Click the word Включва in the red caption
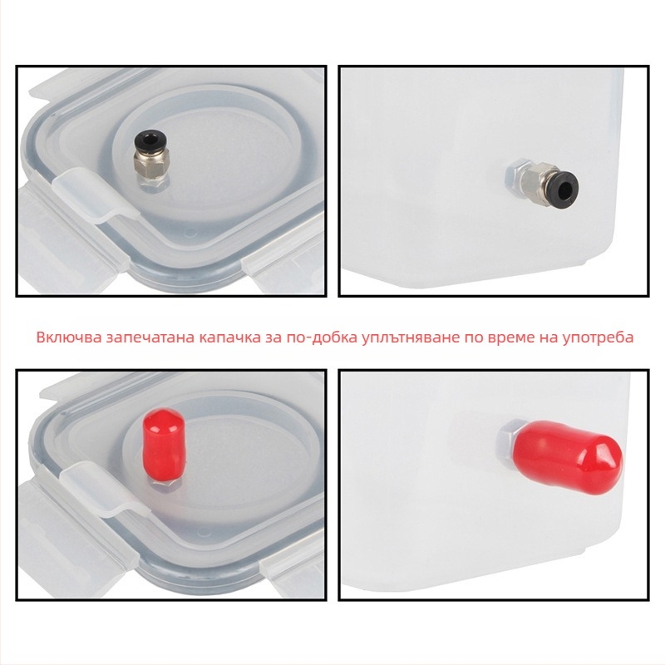[x=69, y=337]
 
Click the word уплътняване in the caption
[x=411, y=338]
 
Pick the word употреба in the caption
[x=598, y=338]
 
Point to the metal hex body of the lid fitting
[x=152, y=170]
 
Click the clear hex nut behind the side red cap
[x=507, y=443]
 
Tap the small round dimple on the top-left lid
[x=191, y=232]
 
